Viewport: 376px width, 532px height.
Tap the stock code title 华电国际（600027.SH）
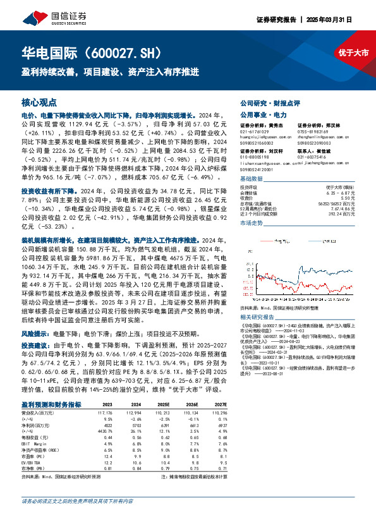[x=95, y=51]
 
